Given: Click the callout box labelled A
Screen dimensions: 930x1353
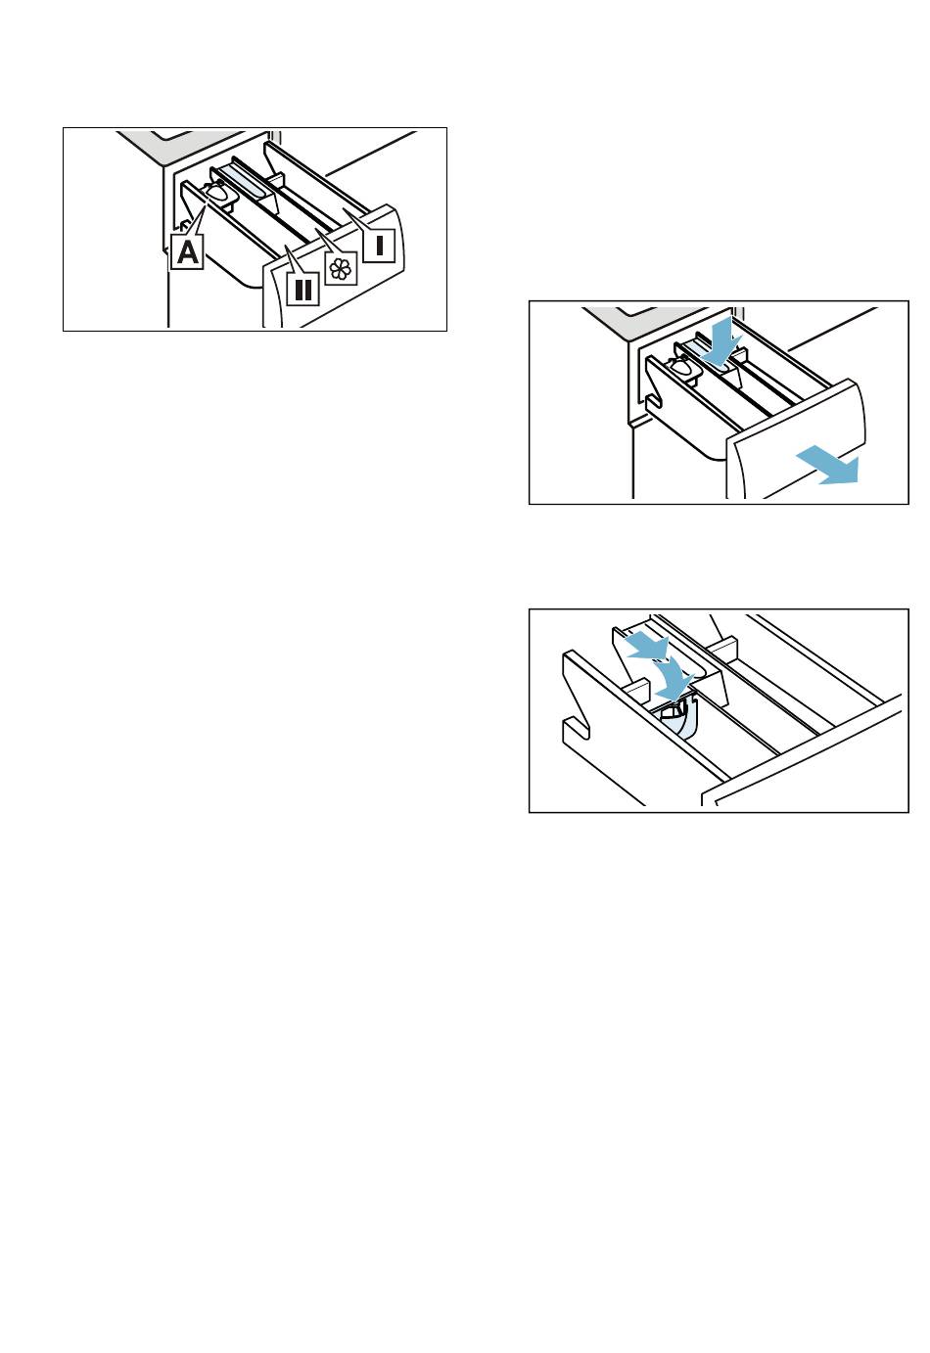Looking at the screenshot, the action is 187,251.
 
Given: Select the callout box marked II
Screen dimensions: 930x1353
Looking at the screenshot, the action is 302,290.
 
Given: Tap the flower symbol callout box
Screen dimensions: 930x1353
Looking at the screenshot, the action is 341,269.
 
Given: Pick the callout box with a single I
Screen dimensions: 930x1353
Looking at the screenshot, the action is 379,246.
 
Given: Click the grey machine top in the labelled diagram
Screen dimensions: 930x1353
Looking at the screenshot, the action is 181,146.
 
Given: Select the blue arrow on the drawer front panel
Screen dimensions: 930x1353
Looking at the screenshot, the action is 827,466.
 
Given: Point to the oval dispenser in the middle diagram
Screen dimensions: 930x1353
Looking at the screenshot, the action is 681,367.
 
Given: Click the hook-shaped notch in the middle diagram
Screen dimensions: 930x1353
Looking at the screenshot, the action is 654,402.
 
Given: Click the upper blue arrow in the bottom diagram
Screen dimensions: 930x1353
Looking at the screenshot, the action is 645,645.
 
